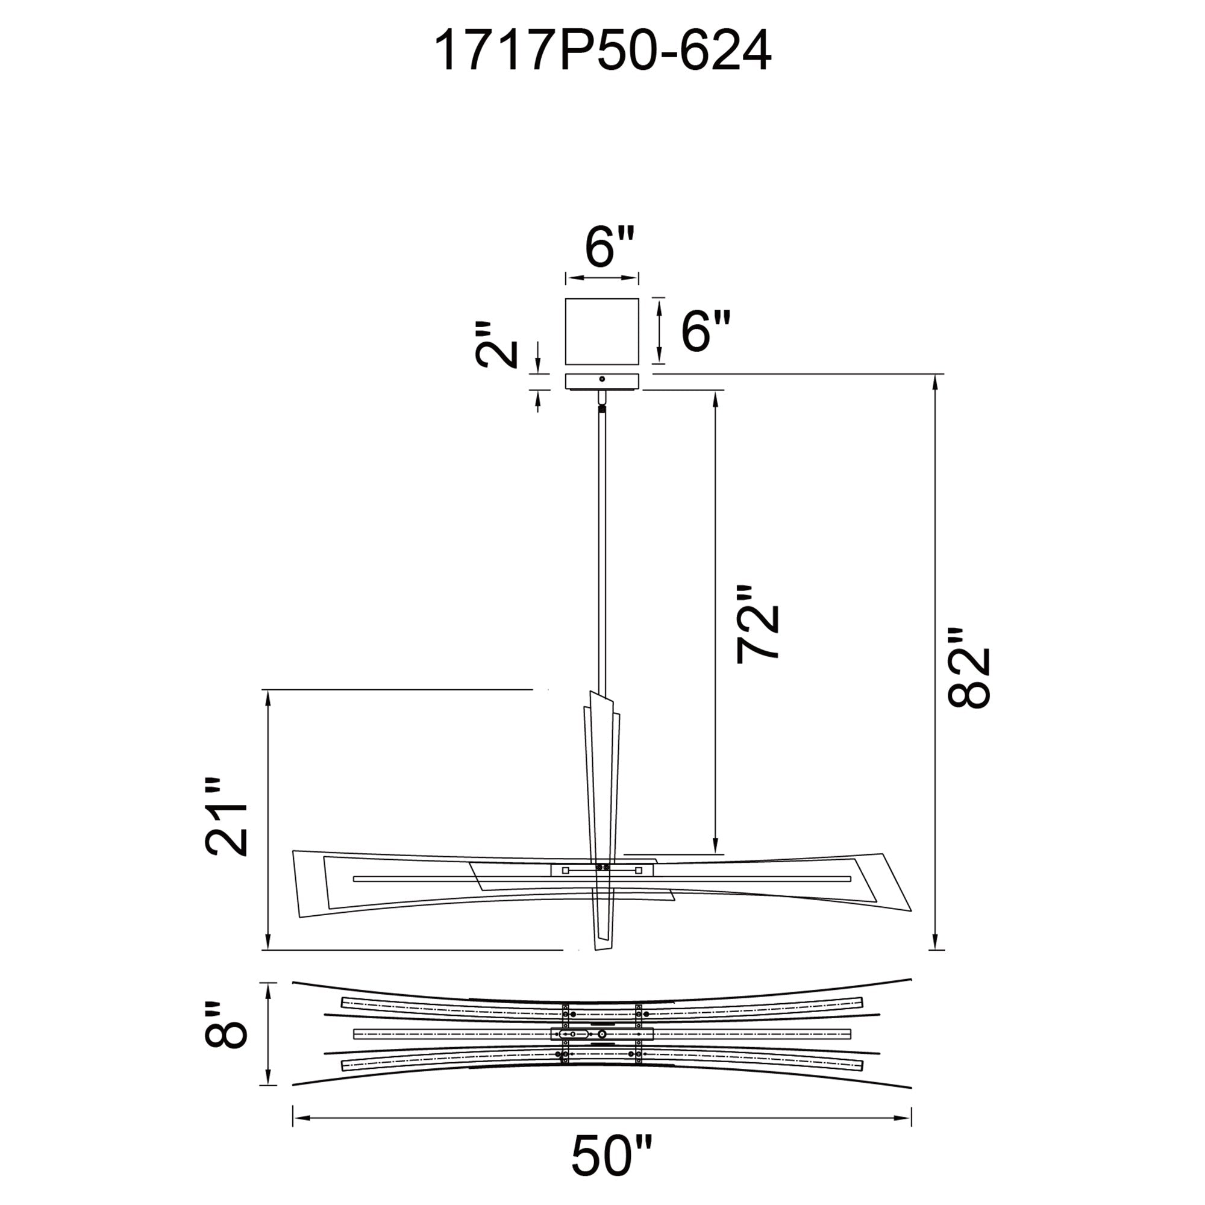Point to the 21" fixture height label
227,816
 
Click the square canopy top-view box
602,331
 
